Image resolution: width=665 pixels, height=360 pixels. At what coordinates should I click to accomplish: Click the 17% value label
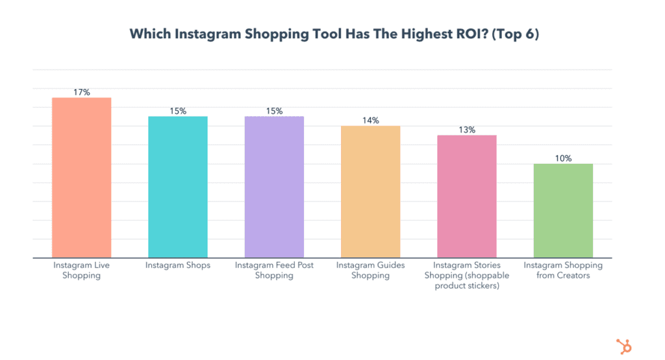click(82, 92)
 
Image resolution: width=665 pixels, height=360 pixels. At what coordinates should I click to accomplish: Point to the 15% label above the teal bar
click(178, 111)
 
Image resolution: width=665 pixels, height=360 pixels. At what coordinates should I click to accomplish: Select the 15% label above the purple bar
click(274, 111)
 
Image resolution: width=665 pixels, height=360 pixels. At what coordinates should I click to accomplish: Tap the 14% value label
click(370, 121)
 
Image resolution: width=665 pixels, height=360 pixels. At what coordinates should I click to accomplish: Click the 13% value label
click(466, 130)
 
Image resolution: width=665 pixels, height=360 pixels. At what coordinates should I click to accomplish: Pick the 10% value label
click(563, 159)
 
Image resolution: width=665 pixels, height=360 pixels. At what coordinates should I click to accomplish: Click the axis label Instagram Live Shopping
click(82, 270)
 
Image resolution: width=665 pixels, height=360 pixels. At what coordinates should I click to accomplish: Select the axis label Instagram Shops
click(178, 265)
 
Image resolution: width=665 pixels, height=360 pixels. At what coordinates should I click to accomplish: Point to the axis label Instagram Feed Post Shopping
click(274, 270)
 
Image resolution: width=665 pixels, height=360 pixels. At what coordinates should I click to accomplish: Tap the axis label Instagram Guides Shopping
click(370, 270)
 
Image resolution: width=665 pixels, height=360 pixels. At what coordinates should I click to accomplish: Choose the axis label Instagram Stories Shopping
click(466, 275)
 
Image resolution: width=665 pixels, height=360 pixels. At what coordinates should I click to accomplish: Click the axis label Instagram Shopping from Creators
click(563, 270)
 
